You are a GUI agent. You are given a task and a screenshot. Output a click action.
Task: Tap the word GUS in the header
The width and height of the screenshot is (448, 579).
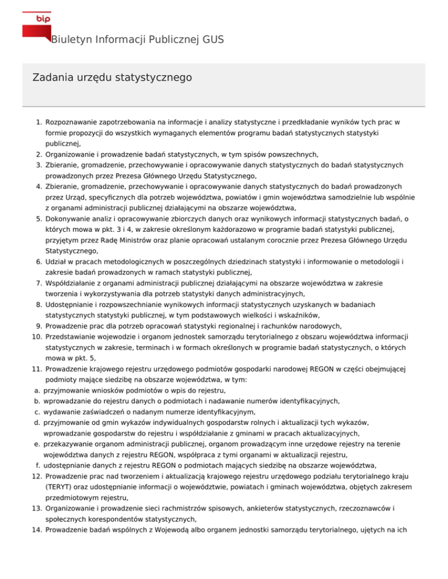click(x=213, y=40)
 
